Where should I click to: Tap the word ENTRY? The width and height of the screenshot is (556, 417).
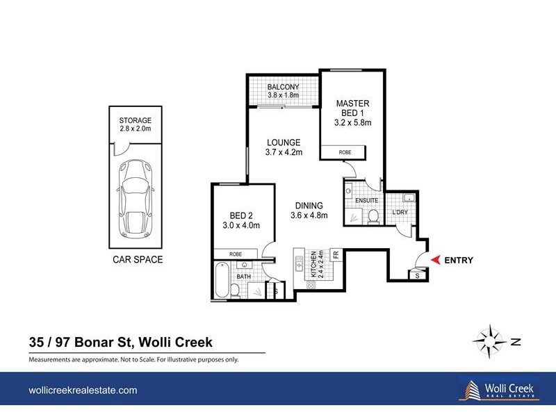point(458,261)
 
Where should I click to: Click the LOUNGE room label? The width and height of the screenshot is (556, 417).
point(283,147)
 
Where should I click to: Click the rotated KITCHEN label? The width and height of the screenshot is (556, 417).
point(313,265)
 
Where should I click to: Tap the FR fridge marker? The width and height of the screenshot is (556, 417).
point(335,255)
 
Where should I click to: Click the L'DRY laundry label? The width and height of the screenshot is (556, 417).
point(400,211)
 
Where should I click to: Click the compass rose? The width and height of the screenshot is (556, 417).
point(491,341)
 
